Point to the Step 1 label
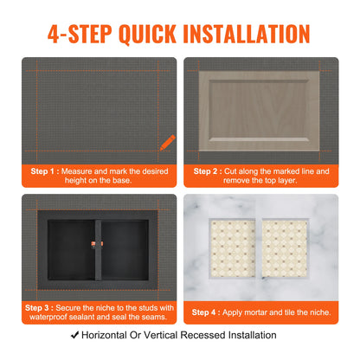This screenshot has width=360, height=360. (42, 170)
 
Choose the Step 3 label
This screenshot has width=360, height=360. (42, 306)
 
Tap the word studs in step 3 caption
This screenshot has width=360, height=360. (147, 306)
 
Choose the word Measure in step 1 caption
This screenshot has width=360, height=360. (80, 170)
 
